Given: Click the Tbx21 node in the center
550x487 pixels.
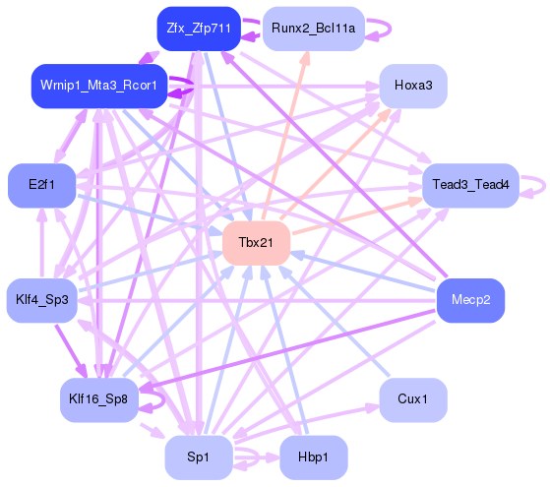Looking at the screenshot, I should (x=255, y=242).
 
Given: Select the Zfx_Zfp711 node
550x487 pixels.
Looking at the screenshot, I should (x=199, y=29).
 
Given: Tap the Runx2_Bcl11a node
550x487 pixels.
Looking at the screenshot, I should (x=314, y=30).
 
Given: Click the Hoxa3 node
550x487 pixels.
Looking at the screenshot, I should (x=413, y=86).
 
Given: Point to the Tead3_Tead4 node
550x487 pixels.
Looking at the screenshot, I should (x=470, y=184).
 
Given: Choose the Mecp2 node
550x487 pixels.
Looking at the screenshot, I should (x=470, y=298).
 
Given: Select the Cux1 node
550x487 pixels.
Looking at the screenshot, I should (x=413, y=399).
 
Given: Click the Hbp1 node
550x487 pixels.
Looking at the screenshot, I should (x=313, y=457).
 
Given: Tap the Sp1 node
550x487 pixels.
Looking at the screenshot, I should (x=199, y=457).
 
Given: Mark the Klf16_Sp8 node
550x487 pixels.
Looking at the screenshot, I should (x=97, y=399).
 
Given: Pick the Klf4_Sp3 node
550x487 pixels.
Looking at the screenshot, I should (x=41, y=298).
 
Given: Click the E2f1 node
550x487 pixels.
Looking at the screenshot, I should (x=41, y=184).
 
